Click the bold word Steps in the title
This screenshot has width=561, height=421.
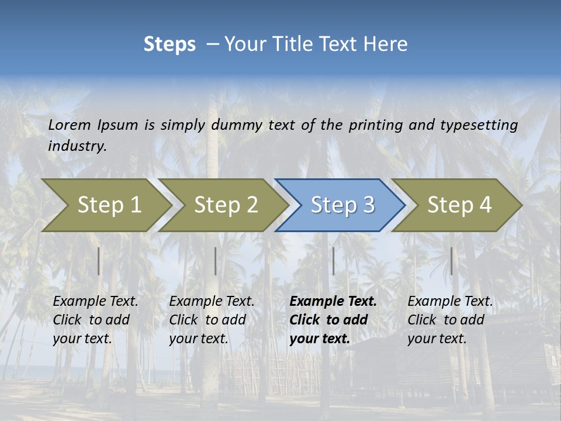click(x=169, y=44)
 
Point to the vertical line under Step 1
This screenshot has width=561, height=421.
click(x=99, y=261)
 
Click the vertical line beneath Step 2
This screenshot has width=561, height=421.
click(x=216, y=261)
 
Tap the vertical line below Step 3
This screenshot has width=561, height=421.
click(x=333, y=261)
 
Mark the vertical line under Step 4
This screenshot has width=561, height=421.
click(x=451, y=261)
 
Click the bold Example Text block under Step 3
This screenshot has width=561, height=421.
click(x=333, y=320)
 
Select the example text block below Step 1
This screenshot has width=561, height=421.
click(x=95, y=320)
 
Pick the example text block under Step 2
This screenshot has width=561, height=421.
click(x=212, y=320)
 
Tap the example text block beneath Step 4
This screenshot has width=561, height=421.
click(x=450, y=320)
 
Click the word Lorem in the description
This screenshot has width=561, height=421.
click(x=70, y=125)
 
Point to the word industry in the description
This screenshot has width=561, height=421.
click(x=77, y=146)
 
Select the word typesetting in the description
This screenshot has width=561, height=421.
click(x=479, y=125)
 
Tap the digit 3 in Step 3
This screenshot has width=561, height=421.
click(x=368, y=205)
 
